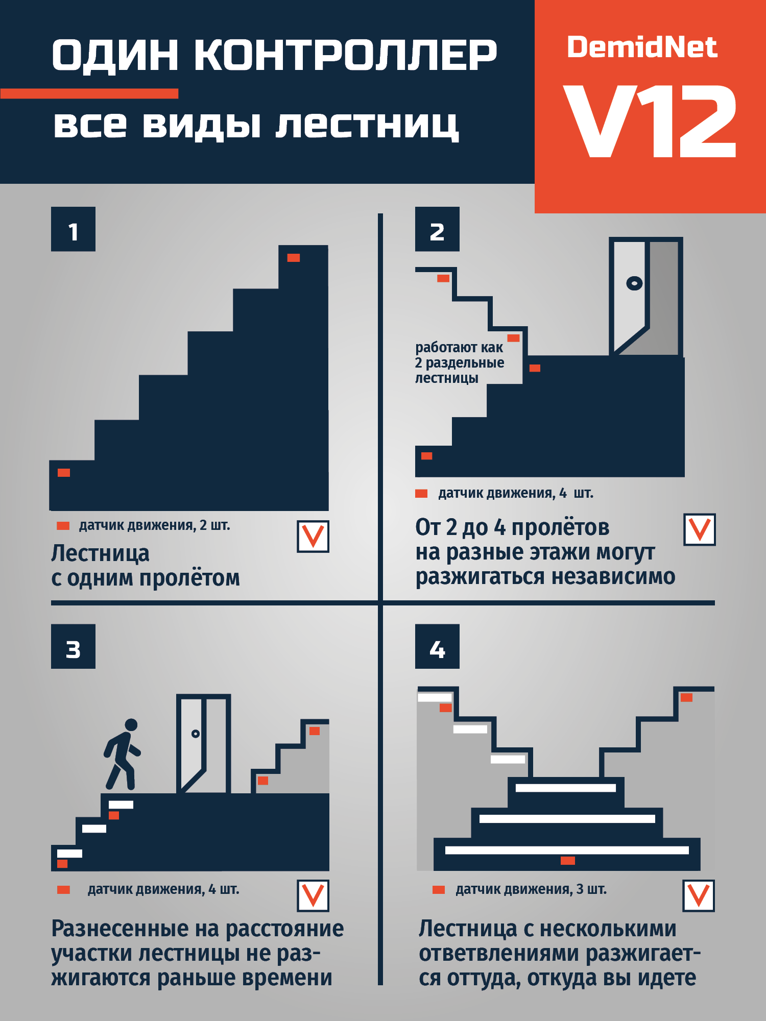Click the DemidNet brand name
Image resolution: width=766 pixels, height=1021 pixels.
[642, 47]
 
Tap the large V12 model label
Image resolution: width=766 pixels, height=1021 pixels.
[650, 121]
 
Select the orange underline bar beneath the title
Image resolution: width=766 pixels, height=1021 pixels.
[89, 93]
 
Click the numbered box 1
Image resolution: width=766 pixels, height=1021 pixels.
[73, 229]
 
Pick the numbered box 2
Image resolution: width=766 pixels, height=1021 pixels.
[437, 229]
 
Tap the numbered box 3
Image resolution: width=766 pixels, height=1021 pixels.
[73, 646]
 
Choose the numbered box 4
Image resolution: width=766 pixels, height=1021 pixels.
[437, 646]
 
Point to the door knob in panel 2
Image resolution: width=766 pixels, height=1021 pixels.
[634, 283]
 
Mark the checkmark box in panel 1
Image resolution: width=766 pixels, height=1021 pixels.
[313, 537]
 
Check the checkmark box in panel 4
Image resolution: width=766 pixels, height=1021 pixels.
[699, 896]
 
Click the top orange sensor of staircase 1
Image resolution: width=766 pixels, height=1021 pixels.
[294, 258]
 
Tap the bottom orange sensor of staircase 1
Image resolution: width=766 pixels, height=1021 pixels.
[64, 473]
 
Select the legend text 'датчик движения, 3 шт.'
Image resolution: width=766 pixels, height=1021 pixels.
[531, 889]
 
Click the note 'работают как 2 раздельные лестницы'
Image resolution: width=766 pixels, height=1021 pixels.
[459, 362]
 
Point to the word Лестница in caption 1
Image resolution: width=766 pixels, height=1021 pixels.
[100, 553]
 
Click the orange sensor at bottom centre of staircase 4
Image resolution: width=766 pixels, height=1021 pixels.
[568, 861]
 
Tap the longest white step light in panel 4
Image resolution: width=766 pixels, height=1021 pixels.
[567, 850]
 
